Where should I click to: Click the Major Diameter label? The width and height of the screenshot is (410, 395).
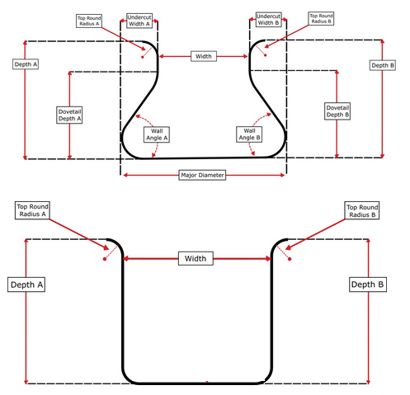coord(203,175)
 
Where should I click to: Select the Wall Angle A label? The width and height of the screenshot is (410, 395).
coord(156,134)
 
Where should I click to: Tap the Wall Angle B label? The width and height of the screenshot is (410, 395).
coord(249,134)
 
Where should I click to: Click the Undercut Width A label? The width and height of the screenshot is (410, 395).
coord(139,20)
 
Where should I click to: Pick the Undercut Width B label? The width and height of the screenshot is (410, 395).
coord(268,20)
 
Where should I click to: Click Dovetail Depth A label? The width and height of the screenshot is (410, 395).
coord(70,114)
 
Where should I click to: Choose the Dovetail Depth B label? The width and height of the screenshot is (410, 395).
coord(337,110)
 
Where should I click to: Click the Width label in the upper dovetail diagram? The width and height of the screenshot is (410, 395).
coord(204,56)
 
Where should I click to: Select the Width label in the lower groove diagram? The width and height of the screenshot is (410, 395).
coord(196,258)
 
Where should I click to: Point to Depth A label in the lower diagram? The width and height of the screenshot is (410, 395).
coord(26,284)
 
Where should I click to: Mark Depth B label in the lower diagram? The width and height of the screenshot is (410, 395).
coord(367,284)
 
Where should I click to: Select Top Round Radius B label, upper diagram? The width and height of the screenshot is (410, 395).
coord(320,19)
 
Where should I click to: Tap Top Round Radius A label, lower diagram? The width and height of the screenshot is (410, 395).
coord(33,211)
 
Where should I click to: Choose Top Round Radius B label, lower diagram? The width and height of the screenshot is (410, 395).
coord(363,210)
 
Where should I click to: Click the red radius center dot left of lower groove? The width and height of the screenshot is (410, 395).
coord(105,259)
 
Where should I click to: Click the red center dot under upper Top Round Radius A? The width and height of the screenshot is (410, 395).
coord(144,57)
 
